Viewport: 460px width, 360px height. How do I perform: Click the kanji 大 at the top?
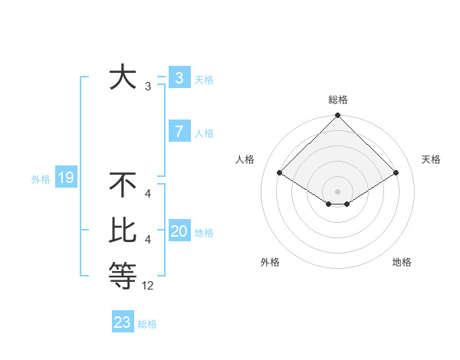(123, 78)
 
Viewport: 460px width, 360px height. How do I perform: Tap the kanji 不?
(123, 185)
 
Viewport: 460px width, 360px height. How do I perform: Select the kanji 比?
(123, 231)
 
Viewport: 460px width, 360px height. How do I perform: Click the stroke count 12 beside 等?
(148, 286)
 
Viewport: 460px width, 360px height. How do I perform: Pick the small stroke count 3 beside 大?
(148, 87)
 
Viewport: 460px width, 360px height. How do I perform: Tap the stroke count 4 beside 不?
(148, 195)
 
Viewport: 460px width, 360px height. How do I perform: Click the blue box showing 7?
(179, 132)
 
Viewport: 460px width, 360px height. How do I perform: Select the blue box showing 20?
(179, 231)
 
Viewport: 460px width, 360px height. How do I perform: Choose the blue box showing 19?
(66, 178)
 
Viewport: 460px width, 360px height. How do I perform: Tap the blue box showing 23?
(123, 322)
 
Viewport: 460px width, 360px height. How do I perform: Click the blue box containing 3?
(179, 78)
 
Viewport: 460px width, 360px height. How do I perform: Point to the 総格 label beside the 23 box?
(147, 324)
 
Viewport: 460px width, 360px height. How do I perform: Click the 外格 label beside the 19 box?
(41, 179)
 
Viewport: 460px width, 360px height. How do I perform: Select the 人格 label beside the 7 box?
(204, 133)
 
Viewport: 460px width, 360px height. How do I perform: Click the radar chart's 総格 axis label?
(337, 100)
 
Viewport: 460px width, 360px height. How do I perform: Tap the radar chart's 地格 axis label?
(402, 262)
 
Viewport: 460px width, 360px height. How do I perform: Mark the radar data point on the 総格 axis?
(337, 116)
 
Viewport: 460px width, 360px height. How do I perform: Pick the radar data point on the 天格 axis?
(396, 173)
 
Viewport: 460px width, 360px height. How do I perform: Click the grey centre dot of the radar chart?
(337, 191)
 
